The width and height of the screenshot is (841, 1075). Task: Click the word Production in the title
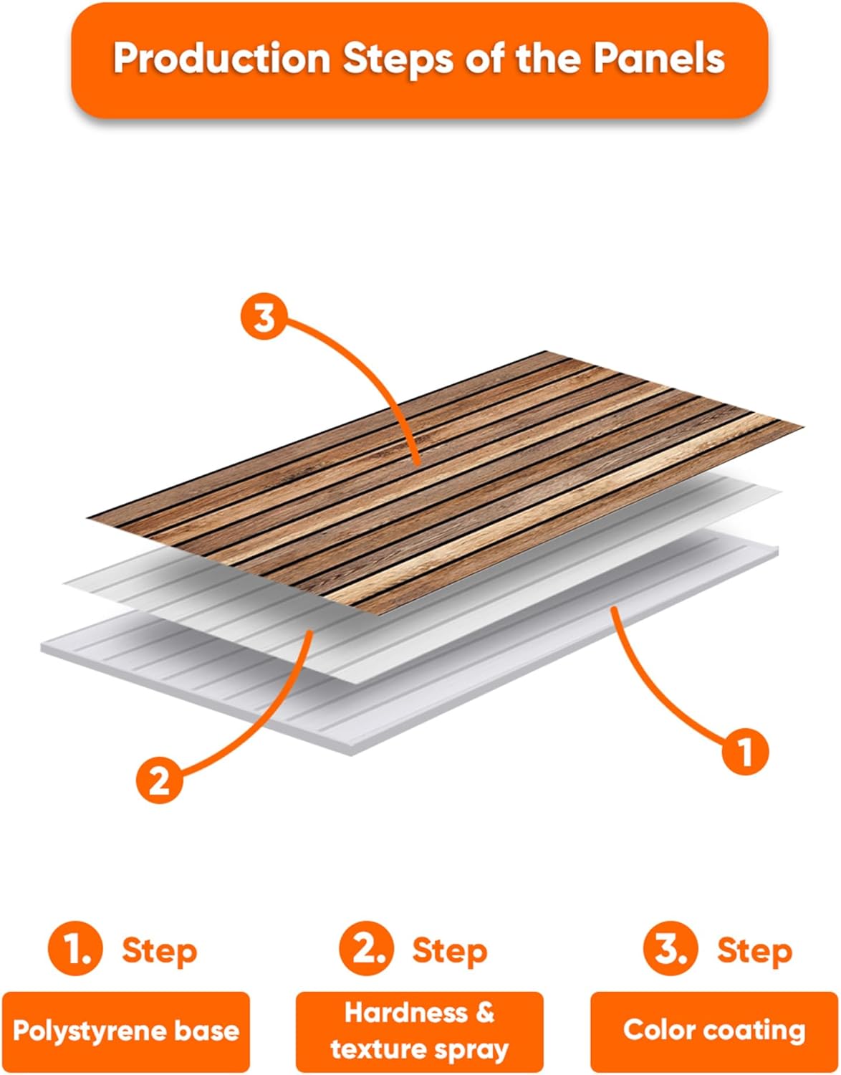pyautogui.click(x=221, y=59)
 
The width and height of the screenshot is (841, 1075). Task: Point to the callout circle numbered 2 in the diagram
pyautogui.click(x=160, y=779)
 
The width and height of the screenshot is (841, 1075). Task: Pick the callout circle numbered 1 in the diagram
pyautogui.click(x=745, y=752)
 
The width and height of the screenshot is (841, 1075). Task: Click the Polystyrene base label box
pyautogui.click(x=126, y=1031)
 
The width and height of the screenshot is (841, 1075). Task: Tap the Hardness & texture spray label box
pyautogui.click(x=420, y=1031)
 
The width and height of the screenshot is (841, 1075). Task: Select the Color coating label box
pyautogui.click(x=714, y=1031)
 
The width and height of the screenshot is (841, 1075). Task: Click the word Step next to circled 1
pyautogui.click(x=159, y=951)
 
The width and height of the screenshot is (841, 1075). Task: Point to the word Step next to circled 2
pyautogui.click(x=449, y=951)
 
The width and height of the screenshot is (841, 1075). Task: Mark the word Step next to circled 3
pyautogui.click(x=754, y=951)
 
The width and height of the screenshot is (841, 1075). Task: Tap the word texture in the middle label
pyautogui.click(x=376, y=1050)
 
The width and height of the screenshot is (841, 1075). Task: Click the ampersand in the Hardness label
pyautogui.click(x=484, y=1013)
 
